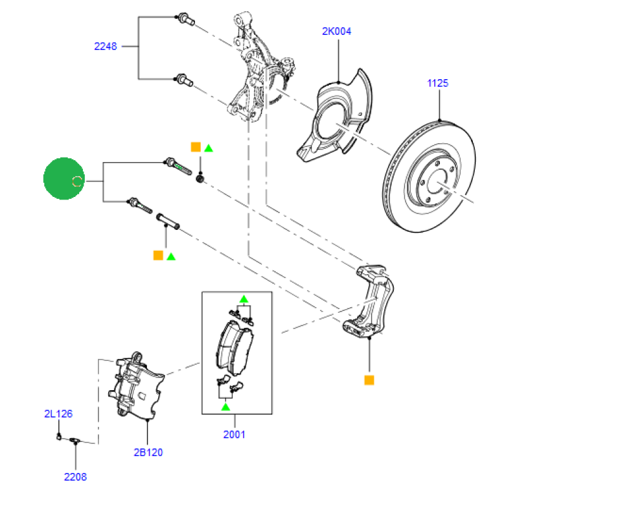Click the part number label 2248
coord(106,46)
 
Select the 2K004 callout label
coord(337,31)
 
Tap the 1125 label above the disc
coord(437,83)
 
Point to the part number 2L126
coord(58,414)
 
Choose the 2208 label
coord(75,477)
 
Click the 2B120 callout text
coord(148,452)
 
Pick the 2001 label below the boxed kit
coord(234,434)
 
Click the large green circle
coord(64,179)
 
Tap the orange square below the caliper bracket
coord(369,380)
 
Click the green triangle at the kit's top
coord(243,298)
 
